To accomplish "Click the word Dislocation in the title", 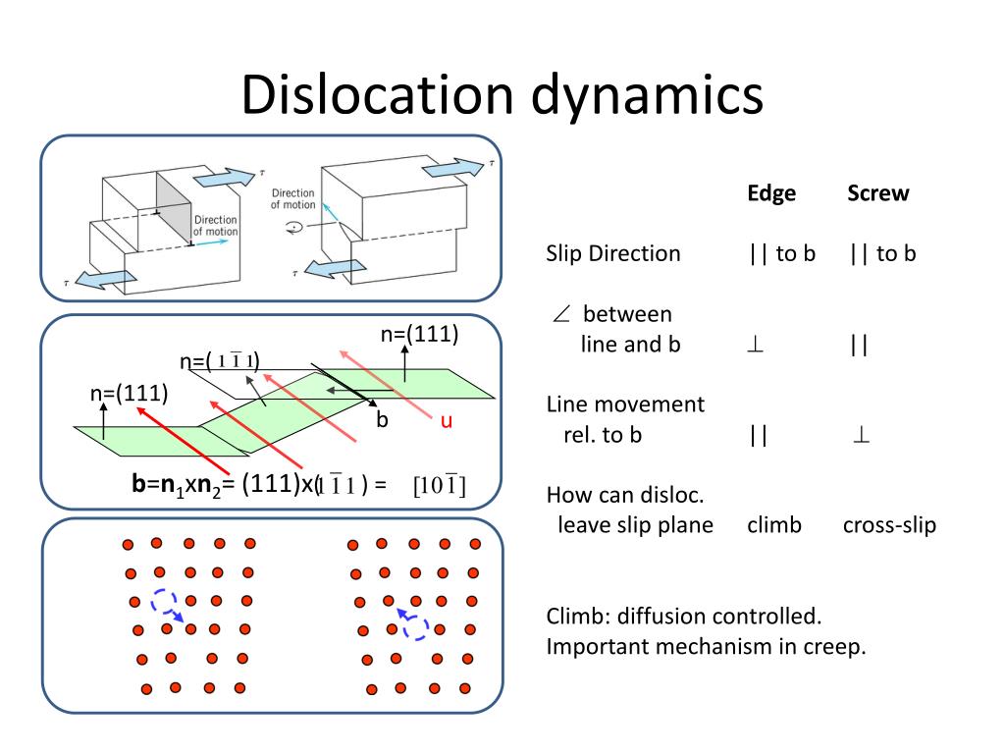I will click(x=376, y=95).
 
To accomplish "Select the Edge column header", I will click(x=771, y=193).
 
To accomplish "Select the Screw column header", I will click(x=877, y=193).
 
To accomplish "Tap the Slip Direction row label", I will click(x=612, y=253).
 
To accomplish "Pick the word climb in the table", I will click(x=773, y=524).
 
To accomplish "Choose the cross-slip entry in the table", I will click(x=889, y=524).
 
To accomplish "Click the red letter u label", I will click(x=446, y=421).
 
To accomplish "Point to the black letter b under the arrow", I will click(x=383, y=420).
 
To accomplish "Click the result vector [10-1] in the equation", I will click(x=439, y=485).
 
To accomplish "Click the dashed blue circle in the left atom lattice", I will click(x=165, y=601).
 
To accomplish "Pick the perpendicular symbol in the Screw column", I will click(x=862, y=435).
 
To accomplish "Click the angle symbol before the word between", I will click(x=560, y=314).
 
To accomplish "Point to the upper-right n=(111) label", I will click(x=420, y=334).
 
